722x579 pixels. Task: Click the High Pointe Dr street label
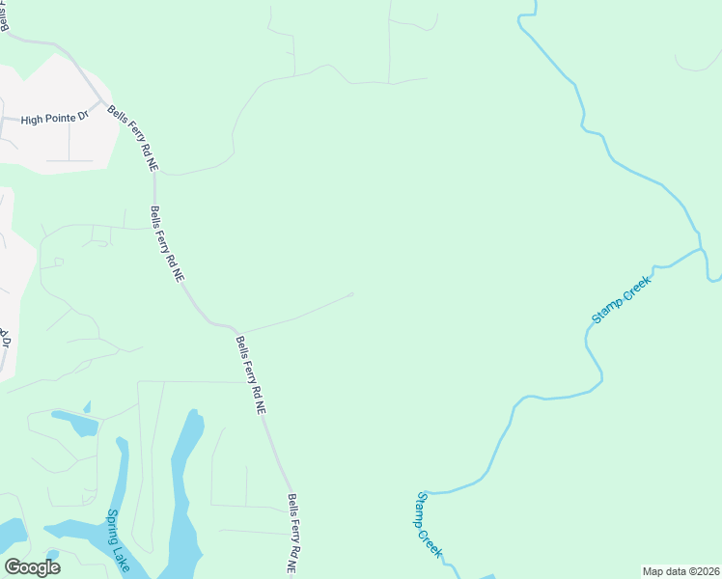(x=54, y=118)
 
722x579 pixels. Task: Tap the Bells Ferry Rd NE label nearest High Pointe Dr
(x=133, y=138)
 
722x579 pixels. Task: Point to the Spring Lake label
(x=119, y=540)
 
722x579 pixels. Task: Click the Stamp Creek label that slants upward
(x=622, y=298)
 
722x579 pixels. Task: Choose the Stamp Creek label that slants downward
(x=430, y=524)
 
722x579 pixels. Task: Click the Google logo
(x=32, y=567)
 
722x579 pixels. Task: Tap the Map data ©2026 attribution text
(x=680, y=571)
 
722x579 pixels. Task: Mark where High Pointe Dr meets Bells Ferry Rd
(x=101, y=100)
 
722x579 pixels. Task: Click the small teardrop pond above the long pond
(x=87, y=408)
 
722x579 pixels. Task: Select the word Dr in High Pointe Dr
(x=82, y=118)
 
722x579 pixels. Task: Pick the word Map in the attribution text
(x=653, y=571)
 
